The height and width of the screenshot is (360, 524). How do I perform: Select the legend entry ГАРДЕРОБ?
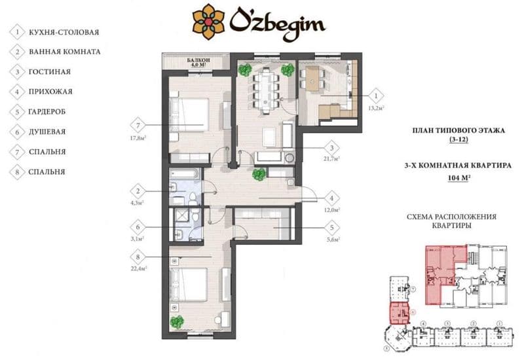click(x=46, y=111)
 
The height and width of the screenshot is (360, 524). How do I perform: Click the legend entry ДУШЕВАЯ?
click(x=47, y=132)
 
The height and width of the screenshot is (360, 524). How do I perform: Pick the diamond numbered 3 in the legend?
click(x=14, y=71)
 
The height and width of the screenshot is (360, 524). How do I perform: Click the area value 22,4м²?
click(x=138, y=267)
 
